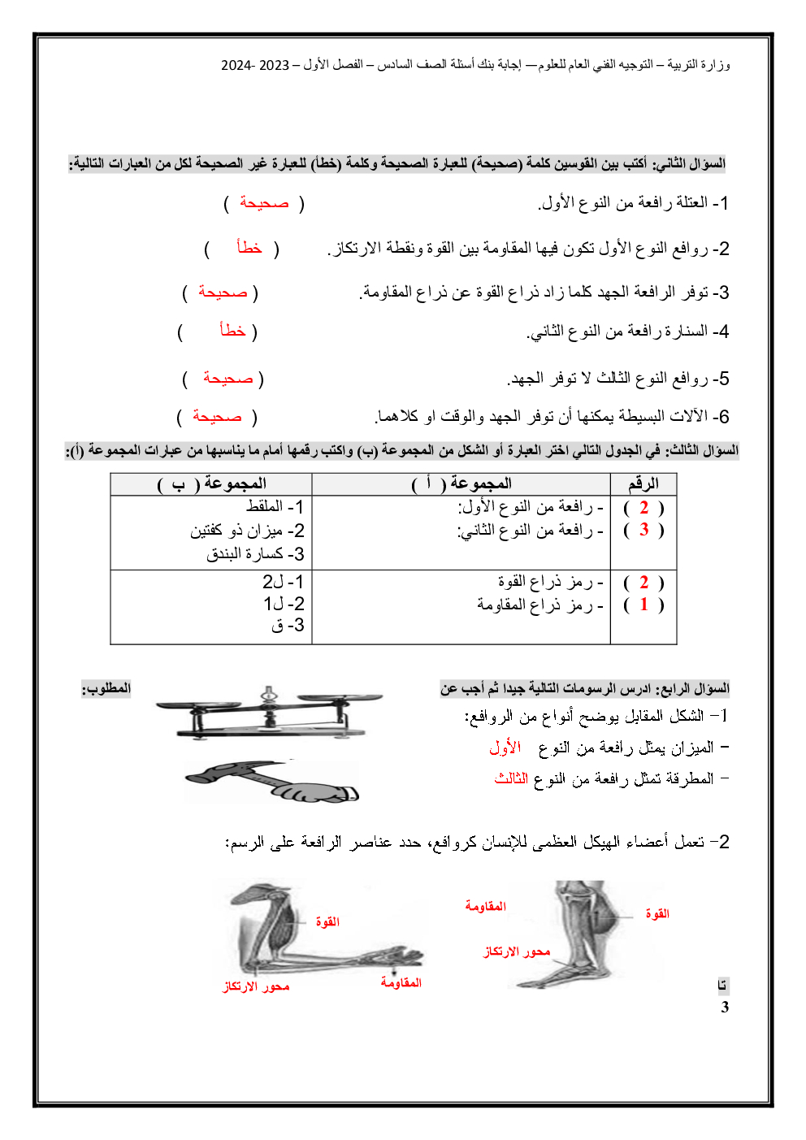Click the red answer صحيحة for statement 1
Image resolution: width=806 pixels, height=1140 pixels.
[264, 203]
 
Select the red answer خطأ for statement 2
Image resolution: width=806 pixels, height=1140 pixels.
[249, 248]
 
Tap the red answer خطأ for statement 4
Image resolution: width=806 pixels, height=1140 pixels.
[232, 331]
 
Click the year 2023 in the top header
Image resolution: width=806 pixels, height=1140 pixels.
[274, 65]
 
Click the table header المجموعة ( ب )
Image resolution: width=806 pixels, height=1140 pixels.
[212, 484]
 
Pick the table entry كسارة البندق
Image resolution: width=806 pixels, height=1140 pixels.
[249, 554]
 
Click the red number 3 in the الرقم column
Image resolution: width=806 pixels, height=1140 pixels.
[643, 530]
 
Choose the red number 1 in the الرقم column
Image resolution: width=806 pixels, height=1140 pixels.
[643, 605]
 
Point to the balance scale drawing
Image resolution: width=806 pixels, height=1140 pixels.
[268, 711]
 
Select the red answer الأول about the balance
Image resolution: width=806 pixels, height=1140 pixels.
[505, 748]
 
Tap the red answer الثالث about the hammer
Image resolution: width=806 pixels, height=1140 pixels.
[511, 778]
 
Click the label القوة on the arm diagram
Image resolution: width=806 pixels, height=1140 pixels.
[327, 922]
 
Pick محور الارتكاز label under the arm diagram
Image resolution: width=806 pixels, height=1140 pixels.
[256, 986]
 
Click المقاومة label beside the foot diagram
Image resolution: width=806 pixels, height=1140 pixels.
[485, 906]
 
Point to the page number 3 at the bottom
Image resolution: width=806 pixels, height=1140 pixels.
[725, 1008]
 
